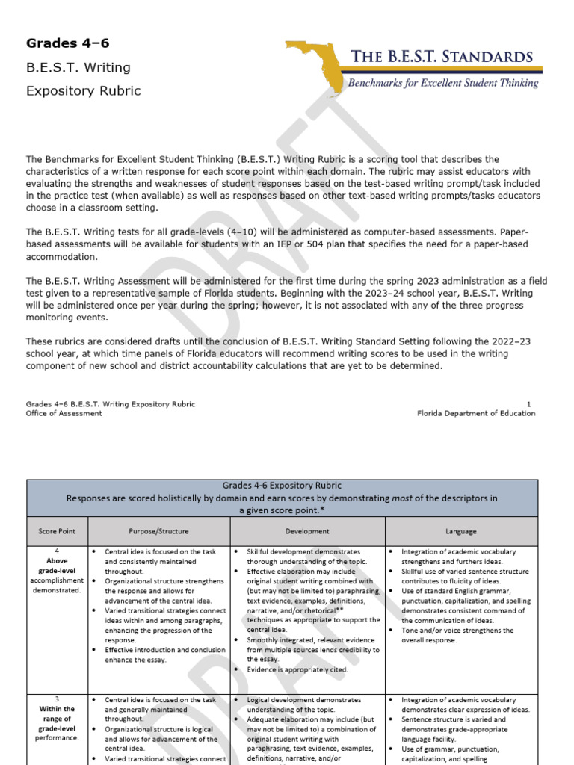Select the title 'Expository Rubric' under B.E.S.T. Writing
pos(83,91)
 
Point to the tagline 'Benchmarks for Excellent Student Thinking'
pos(443,83)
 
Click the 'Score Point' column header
pos(58,531)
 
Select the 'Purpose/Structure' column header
pos(158,531)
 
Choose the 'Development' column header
pos(307,531)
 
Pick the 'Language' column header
pos(460,531)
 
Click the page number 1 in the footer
pos(529,404)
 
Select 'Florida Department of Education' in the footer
pos(476,413)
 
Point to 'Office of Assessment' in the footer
pos(64,413)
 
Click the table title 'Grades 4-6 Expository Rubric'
pos(282,486)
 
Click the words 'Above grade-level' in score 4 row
pos(58,566)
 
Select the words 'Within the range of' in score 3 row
pos(58,713)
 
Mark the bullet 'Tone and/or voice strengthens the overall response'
pos(457,635)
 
